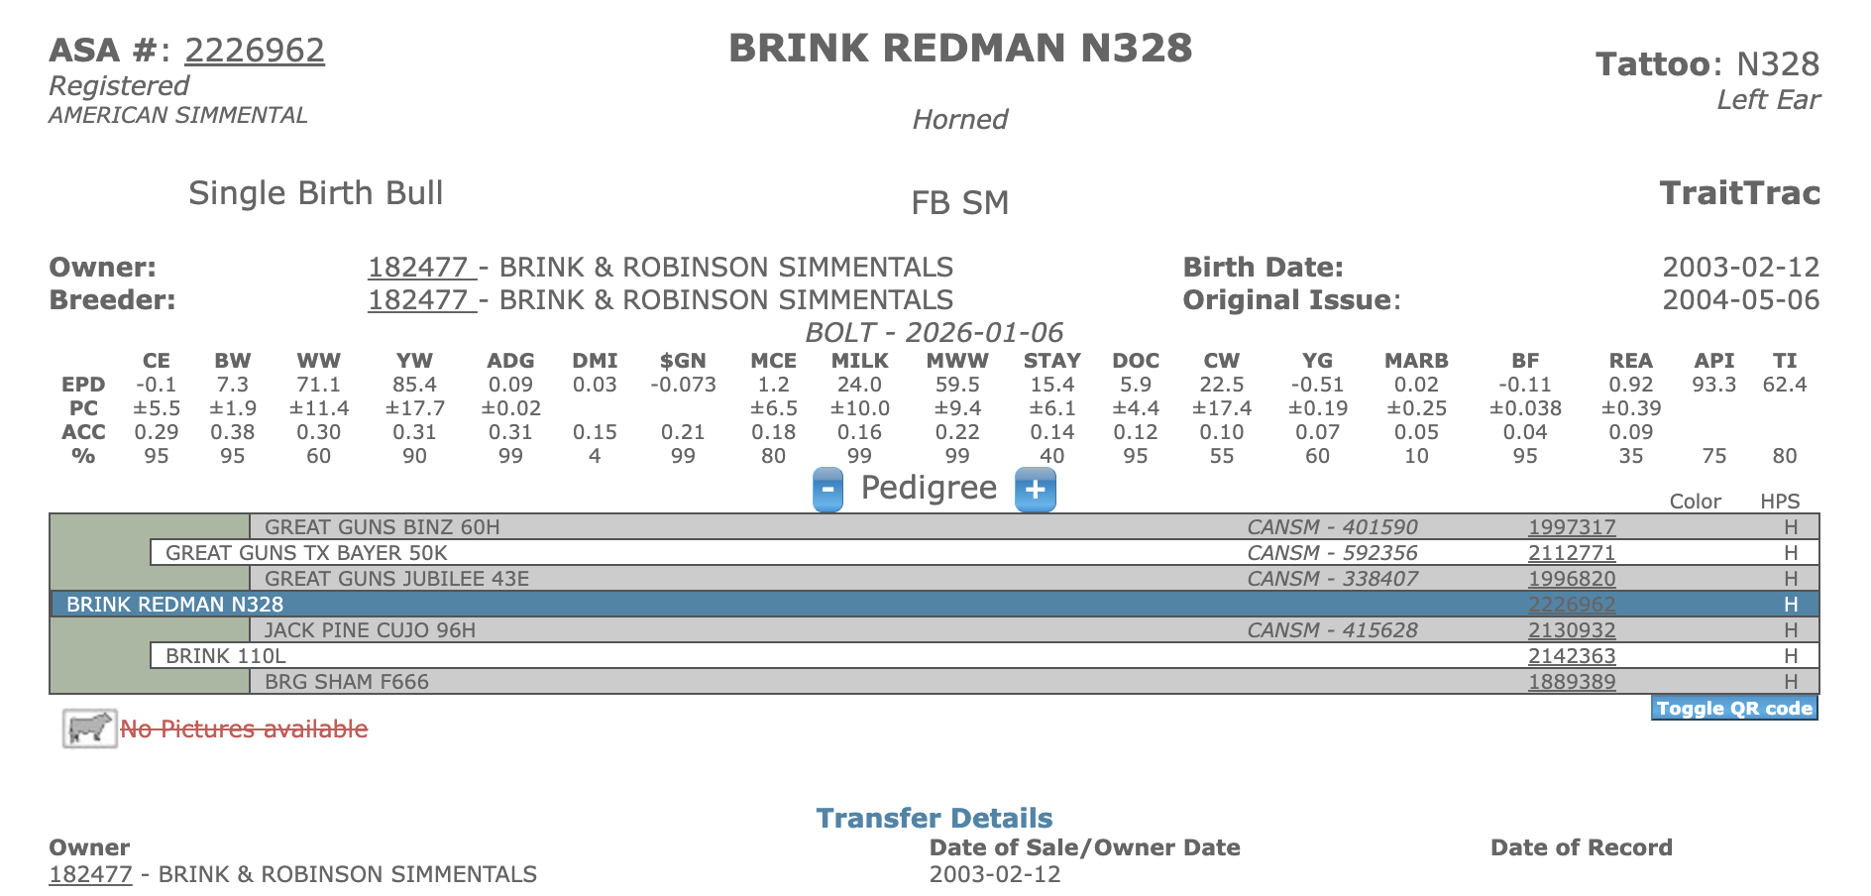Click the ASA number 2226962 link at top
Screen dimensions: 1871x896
point(255,51)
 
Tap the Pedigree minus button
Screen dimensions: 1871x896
point(827,490)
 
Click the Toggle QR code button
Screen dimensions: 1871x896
point(1733,709)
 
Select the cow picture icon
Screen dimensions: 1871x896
point(89,728)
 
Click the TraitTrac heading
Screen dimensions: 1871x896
point(1739,193)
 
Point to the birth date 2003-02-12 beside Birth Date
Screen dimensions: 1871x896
point(1740,268)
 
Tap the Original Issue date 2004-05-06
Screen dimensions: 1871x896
point(1740,300)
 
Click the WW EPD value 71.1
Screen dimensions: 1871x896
point(318,385)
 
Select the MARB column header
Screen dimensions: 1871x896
point(1415,361)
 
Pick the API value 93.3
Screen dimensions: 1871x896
point(1713,385)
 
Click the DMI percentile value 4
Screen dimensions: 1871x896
point(595,456)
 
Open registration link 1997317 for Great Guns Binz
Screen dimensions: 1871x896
point(1572,527)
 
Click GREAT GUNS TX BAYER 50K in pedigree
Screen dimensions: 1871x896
point(306,553)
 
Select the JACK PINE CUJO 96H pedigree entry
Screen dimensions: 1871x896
point(370,630)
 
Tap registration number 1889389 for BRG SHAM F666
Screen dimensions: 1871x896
point(1572,682)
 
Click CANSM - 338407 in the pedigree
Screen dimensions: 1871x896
point(1332,579)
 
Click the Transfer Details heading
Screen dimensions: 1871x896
point(934,819)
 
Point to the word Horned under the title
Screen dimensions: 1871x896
point(959,120)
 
